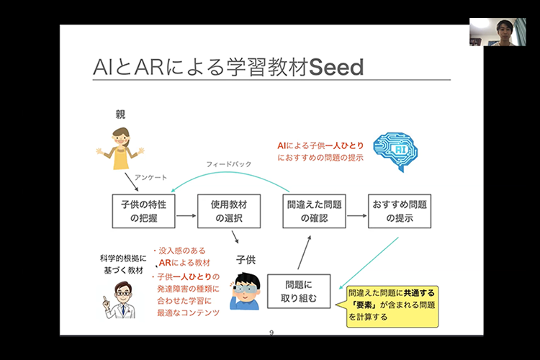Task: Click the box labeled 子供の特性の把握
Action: (x=143, y=210)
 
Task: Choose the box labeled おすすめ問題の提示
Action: (x=399, y=210)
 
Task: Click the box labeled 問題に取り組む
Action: (x=298, y=291)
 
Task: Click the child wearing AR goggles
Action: (x=245, y=292)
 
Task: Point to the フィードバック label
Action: (x=229, y=164)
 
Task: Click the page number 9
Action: (x=271, y=333)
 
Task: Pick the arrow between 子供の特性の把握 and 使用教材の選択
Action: (x=186, y=210)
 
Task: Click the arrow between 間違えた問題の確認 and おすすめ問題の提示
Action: (x=356, y=210)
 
